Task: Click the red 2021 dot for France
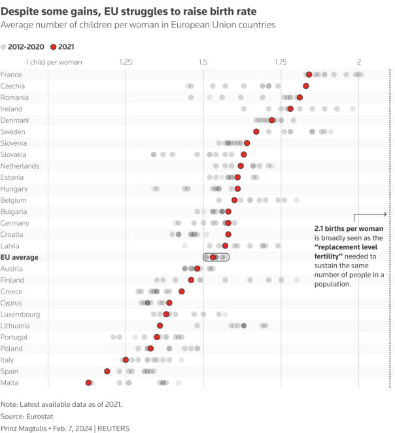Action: [309, 75]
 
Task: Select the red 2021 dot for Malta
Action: [88, 383]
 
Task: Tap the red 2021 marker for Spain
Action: [107, 372]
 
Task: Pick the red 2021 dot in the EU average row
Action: [213, 258]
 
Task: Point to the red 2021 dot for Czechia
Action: [306, 86]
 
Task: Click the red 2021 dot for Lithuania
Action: [160, 326]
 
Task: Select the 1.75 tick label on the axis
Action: [281, 62]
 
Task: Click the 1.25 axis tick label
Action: [126, 62]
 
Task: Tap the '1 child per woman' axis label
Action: [54, 62]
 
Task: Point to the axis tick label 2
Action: [358, 62]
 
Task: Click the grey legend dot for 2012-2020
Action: [4, 47]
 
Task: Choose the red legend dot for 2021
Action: [54, 47]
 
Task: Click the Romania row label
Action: [14, 97]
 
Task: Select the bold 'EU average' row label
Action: [20, 258]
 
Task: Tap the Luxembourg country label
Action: [20, 315]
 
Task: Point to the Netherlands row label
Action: [21, 166]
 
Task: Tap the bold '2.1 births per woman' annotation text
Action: [354, 230]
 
